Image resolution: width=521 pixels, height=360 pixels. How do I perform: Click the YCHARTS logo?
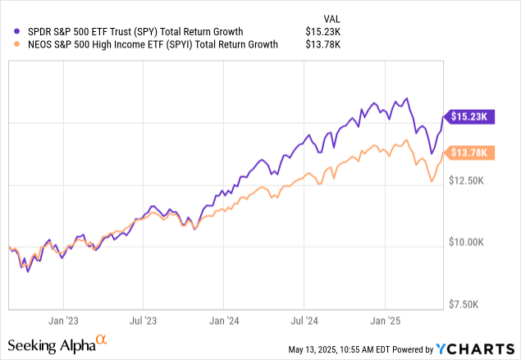(484, 349)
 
